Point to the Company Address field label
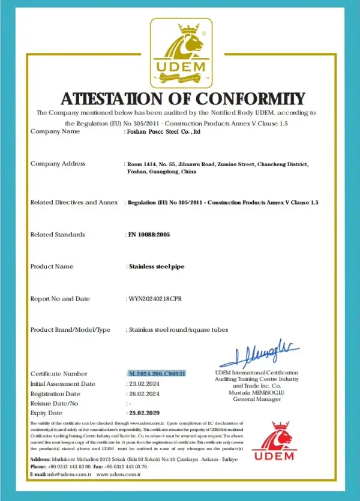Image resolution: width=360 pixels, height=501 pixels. click(58, 163)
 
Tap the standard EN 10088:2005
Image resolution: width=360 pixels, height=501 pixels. click(149, 235)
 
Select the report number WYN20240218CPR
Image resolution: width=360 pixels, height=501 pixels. click(158, 298)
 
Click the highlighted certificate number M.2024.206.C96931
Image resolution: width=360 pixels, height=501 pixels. click(157, 373)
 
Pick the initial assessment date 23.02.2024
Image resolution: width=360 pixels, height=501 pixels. click(144, 383)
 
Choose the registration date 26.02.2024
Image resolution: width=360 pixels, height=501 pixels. click(144, 394)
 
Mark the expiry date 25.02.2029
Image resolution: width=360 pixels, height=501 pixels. click(145, 413)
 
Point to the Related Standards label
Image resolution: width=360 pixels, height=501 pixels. click(58, 235)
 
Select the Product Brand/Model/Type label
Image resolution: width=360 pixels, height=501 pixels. click(70, 330)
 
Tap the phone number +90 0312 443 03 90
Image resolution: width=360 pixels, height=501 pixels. click(70, 466)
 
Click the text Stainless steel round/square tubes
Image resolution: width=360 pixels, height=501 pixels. click(178, 330)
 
